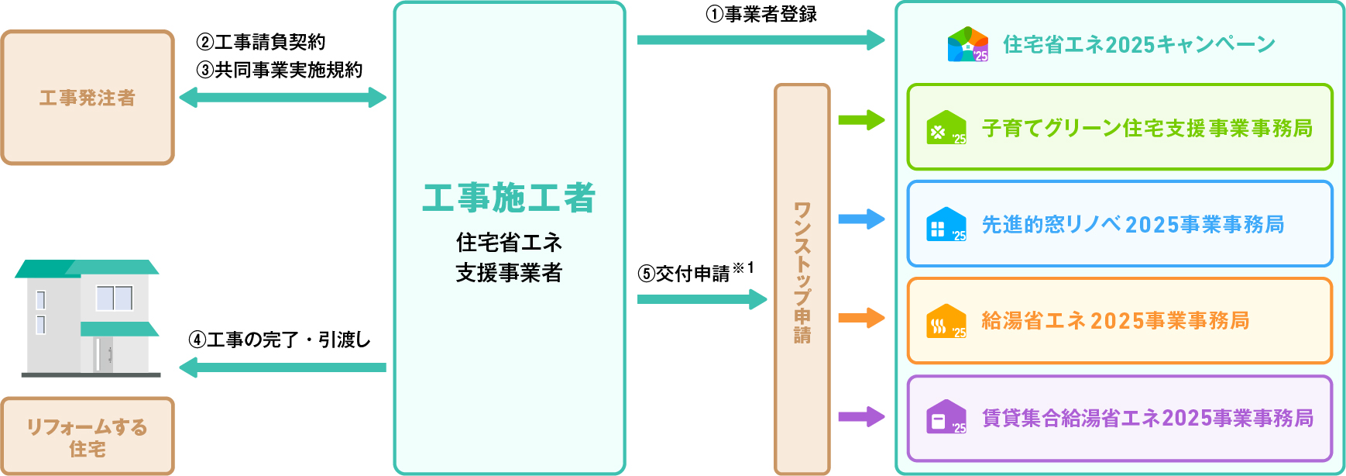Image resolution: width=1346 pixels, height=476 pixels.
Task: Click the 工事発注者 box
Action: (88, 98)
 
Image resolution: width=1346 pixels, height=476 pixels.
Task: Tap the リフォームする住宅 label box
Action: (88, 436)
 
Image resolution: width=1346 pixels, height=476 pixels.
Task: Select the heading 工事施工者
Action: (509, 198)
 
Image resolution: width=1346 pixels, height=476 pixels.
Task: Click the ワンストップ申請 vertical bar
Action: (802, 279)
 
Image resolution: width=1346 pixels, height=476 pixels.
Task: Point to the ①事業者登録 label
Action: (761, 14)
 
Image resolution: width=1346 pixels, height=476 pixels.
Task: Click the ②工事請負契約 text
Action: (261, 42)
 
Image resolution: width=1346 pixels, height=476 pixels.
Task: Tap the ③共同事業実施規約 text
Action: (280, 70)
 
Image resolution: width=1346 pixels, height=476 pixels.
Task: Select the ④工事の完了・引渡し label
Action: (280, 340)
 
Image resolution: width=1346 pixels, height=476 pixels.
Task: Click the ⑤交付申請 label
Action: (685, 273)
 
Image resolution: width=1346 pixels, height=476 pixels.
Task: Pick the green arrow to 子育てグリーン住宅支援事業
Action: (861, 120)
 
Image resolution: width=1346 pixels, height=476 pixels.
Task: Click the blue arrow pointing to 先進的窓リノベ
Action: (861, 219)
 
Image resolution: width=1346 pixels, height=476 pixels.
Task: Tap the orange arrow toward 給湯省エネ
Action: (861, 318)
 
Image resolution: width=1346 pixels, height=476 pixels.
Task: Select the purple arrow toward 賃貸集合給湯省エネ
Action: (861, 417)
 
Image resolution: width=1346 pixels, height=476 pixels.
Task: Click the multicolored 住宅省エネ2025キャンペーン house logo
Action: (968, 44)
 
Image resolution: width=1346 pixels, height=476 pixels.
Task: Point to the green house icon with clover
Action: (946, 128)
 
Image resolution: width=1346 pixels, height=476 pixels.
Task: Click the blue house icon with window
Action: (946, 225)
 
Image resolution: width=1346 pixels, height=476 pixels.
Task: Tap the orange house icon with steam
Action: (946, 321)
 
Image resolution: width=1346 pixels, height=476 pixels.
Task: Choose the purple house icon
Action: (946, 417)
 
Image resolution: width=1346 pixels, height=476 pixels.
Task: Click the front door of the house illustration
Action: (104, 354)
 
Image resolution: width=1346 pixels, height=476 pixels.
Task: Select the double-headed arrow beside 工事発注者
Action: (283, 98)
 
